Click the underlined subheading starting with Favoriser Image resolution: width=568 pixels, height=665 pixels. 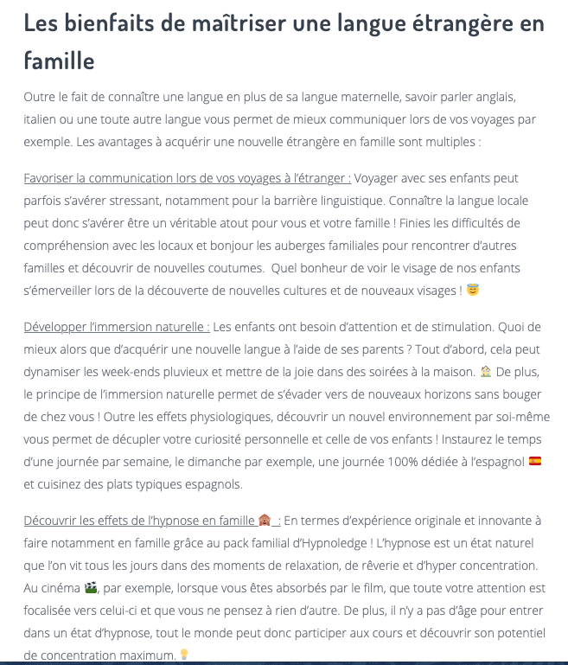pyautogui.click(x=188, y=178)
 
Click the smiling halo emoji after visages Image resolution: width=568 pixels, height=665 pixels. pyautogui.click(x=473, y=291)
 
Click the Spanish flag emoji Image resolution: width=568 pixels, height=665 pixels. pyautogui.click(x=535, y=461)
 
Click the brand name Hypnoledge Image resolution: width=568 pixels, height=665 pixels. pyautogui.click(x=321, y=542)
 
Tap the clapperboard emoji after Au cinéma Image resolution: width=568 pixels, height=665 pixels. pyautogui.click(x=91, y=587)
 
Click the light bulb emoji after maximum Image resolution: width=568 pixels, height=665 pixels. pyautogui.click(x=184, y=655)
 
